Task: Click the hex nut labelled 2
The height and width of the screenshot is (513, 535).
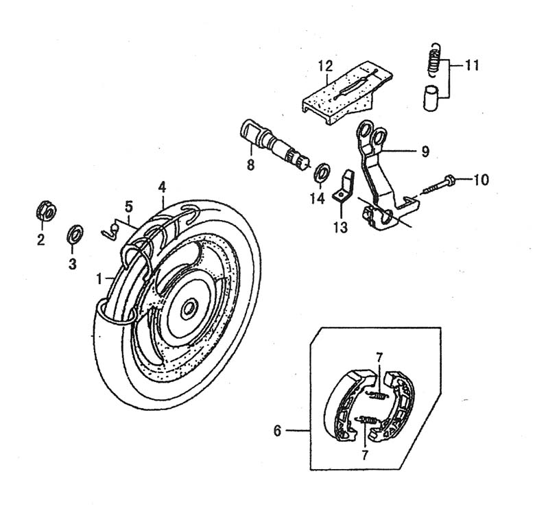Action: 45,211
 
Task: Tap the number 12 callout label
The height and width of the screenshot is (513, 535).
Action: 325,66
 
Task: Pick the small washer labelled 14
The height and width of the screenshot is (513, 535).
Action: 320,171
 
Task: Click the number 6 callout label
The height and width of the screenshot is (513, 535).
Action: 278,431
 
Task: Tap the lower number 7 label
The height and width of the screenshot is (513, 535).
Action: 365,454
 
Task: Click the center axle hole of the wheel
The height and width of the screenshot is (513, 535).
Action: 187,310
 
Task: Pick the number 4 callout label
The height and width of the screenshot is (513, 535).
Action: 162,186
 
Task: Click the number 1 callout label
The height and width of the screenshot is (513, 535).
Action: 99,279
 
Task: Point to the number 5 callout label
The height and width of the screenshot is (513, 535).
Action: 128,205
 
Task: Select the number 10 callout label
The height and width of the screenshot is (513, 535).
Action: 481,180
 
